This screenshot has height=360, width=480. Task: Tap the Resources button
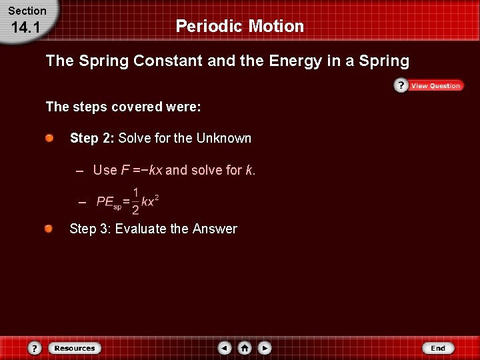(74, 348)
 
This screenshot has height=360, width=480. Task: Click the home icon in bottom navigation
(245, 348)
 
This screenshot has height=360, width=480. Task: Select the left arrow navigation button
(225, 348)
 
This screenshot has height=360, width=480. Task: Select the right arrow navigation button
(265, 348)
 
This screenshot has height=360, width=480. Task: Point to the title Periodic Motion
(239, 27)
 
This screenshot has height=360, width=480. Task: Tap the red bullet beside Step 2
(50, 138)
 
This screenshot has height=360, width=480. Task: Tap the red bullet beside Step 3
(50, 229)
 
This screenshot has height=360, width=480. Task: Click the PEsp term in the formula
(109, 202)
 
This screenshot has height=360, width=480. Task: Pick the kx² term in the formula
(150, 201)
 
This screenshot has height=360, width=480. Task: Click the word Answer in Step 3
(215, 229)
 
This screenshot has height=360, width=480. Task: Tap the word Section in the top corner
(27, 11)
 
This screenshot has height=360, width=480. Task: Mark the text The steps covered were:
(123, 107)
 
